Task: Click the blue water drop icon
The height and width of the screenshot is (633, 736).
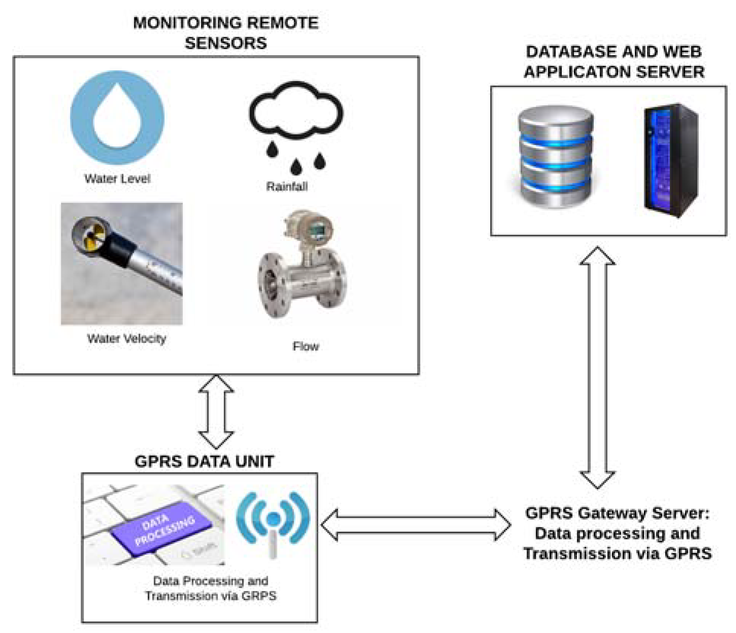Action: (x=117, y=118)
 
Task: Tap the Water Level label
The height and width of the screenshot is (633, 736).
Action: (x=117, y=179)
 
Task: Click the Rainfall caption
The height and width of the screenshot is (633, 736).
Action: (x=287, y=187)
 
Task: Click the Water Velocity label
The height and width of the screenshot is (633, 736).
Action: (x=127, y=339)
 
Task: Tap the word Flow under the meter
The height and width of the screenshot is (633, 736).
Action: (x=305, y=347)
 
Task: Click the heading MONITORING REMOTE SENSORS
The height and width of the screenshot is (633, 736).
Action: (x=226, y=33)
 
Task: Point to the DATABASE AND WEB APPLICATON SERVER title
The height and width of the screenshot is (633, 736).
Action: (x=614, y=62)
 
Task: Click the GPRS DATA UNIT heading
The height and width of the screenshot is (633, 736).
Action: (x=204, y=461)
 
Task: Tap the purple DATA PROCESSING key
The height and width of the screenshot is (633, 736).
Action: (x=162, y=527)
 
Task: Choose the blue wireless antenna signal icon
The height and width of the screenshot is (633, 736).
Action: (x=273, y=521)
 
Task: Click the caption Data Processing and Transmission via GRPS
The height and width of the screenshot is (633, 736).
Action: (x=210, y=588)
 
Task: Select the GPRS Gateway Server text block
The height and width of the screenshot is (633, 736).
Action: (x=617, y=533)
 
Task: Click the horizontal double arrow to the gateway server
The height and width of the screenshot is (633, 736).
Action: (x=415, y=525)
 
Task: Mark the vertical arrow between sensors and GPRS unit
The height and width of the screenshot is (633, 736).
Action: (x=216, y=412)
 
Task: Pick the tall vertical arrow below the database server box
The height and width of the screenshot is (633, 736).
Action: (x=597, y=367)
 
